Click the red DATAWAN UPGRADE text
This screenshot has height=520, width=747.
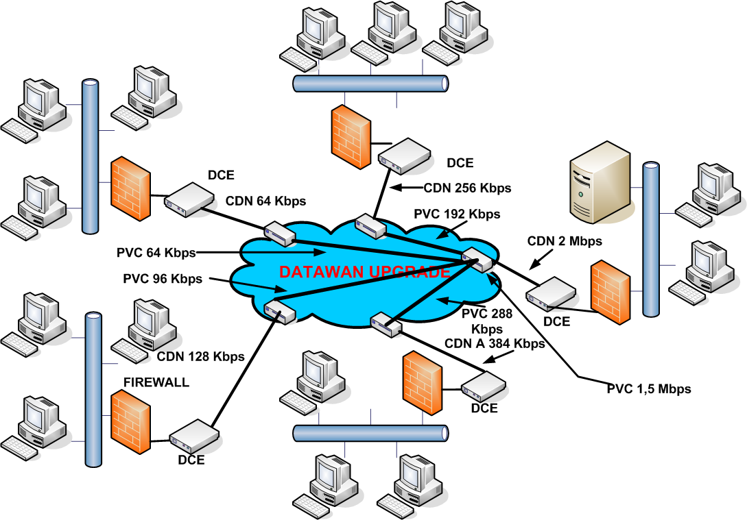coord(364,272)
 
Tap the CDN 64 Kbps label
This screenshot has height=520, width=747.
coord(266,201)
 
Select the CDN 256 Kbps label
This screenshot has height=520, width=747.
coord(468,187)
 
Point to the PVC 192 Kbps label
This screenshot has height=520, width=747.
coord(458,214)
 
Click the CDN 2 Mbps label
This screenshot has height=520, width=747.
coord(565,241)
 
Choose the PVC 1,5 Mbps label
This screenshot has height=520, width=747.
coord(649,388)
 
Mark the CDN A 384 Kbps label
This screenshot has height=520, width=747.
coord(495,344)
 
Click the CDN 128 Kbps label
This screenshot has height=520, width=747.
coord(201,356)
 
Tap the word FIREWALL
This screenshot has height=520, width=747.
coord(156,382)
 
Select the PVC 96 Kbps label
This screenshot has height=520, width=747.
coord(163,279)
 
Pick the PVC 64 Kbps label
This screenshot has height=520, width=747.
coord(157,252)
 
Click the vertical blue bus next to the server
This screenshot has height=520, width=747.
coord(650,239)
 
